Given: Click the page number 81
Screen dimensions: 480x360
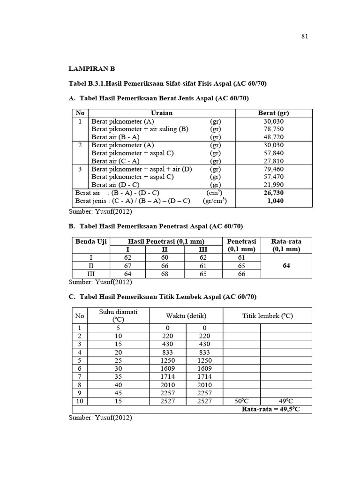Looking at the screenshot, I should (304, 36).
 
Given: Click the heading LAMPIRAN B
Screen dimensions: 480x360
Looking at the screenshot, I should (91, 68).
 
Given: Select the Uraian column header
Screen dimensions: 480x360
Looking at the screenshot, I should (162, 113).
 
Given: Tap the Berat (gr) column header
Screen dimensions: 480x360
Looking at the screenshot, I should (273, 113).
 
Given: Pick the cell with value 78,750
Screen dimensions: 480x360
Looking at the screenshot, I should (274, 129).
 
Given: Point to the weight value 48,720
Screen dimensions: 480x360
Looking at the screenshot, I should (274, 137).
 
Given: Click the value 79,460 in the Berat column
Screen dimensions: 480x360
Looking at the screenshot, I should (274, 169).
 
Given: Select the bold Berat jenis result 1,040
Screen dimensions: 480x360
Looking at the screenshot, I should (275, 201).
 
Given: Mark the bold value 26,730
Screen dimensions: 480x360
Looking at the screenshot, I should (274, 193).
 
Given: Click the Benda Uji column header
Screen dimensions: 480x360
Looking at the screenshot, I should (91, 241).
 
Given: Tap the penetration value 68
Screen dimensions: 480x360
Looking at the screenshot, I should (165, 274).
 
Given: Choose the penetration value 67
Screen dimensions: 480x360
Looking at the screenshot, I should (127, 266).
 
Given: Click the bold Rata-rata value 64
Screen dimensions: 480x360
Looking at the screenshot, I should (286, 265).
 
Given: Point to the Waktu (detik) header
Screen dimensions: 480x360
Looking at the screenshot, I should (186, 315).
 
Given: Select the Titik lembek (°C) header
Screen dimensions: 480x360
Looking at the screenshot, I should (267, 315).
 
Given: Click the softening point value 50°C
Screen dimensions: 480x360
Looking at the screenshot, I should (241, 401).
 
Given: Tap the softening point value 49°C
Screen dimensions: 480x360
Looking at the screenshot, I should (286, 401).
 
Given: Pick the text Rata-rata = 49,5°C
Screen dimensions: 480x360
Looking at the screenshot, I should (270, 409).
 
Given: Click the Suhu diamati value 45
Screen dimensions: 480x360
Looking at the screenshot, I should (118, 393).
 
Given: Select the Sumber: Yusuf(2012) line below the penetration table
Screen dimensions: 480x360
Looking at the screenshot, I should (100, 282).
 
